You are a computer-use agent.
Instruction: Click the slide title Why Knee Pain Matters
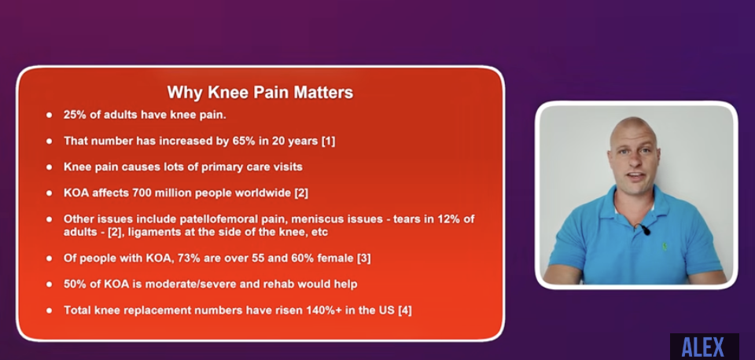coord(260,93)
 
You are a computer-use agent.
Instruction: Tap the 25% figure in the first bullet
coord(74,115)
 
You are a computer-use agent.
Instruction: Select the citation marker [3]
coord(363,259)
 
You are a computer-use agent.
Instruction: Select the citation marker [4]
coord(404,310)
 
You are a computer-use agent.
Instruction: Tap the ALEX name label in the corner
coord(703,347)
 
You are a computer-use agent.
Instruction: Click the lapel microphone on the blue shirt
coord(644,230)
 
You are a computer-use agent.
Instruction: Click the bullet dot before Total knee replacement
coord(49,310)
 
